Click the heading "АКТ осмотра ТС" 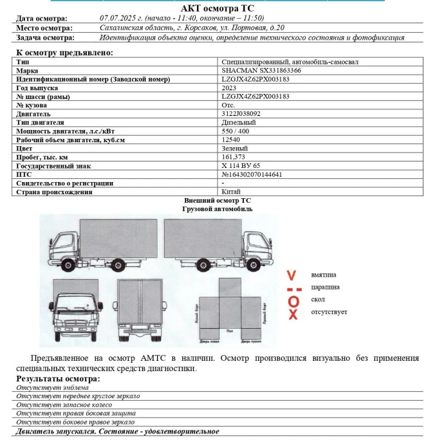click(218, 8)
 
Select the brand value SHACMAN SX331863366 click(256, 71)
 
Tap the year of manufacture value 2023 click(230, 88)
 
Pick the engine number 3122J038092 click(241, 114)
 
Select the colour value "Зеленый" click(234, 149)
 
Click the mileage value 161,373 click(233, 157)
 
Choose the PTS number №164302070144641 click(252, 174)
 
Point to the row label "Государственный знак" click(53, 166)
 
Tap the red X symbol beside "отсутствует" click(293, 314)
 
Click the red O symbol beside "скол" click(293, 301)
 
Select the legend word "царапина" click(325, 287)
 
